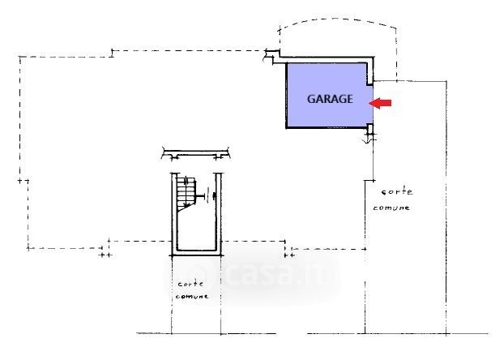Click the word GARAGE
pyautogui.click(x=329, y=100)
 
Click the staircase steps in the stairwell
pyautogui.click(x=186, y=191)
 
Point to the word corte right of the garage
pyautogui.click(x=397, y=193)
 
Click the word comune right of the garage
pyautogui.click(x=391, y=208)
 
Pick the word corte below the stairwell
pyautogui.click(x=190, y=285)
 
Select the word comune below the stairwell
pyautogui.click(x=191, y=297)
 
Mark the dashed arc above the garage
pyautogui.click(x=337, y=18)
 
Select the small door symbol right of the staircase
pyautogui.click(x=209, y=194)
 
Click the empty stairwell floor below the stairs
pyautogui.click(x=195, y=231)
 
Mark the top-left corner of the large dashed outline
pyautogui.click(x=19, y=56)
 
